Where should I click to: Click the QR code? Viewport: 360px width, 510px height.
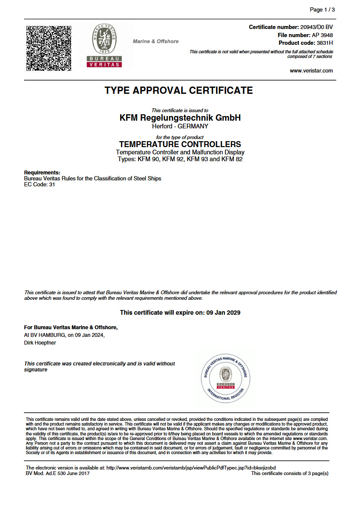[49, 48]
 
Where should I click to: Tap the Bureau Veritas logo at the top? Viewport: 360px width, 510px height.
[104, 45]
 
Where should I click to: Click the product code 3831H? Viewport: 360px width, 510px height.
[325, 43]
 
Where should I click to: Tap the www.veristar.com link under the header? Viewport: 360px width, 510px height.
[311, 71]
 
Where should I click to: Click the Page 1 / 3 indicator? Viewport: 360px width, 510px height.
[322, 9]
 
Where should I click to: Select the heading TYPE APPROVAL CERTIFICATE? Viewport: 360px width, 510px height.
[179, 90]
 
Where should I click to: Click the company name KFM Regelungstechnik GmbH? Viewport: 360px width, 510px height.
[180, 118]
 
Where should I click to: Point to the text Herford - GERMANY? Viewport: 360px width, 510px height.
[180, 126]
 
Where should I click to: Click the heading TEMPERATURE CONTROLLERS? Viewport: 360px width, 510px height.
[180, 144]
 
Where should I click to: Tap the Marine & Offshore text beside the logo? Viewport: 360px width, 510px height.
[156, 41]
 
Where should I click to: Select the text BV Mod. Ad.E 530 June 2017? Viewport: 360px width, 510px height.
[58, 473]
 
